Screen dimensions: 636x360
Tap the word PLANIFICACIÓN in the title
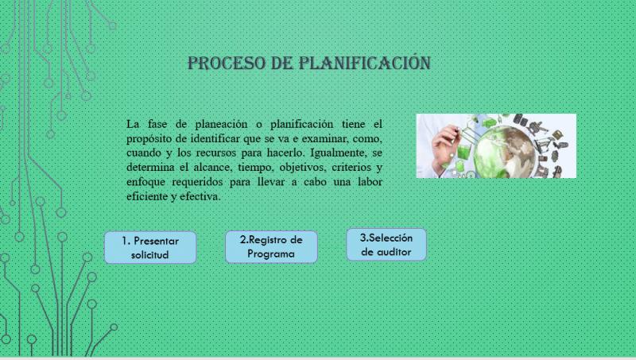click(x=365, y=63)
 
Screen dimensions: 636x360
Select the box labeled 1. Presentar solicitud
click(x=150, y=248)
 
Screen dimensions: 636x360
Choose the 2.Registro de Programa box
click(x=271, y=247)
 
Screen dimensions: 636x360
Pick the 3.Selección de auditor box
click(x=386, y=245)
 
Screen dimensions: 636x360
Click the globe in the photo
click(x=504, y=153)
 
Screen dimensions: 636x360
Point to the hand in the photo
click(x=445, y=148)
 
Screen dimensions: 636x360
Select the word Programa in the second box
click(x=271, y=254)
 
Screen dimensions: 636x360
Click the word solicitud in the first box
click(x=149, y=254)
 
